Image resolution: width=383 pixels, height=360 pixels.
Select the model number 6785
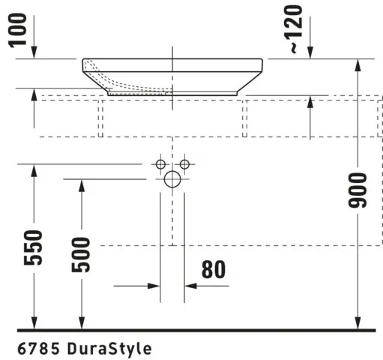point(37,349)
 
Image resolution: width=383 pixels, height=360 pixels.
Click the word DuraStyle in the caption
point(109,349)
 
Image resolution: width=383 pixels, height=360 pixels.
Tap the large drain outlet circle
point(172,179)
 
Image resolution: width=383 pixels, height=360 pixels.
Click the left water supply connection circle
point(160,163)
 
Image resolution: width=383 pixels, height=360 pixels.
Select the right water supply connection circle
point(184,163)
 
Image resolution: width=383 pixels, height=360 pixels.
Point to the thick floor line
point(195,329)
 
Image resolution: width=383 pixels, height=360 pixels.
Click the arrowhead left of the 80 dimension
point(154,286)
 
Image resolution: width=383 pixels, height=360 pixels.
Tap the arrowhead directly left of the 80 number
point(190,286)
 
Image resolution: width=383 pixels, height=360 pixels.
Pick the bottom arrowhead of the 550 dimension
point(34,322)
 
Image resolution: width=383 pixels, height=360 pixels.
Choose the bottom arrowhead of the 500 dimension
point(82,322)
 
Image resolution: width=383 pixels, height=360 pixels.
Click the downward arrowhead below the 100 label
point(34,54)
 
